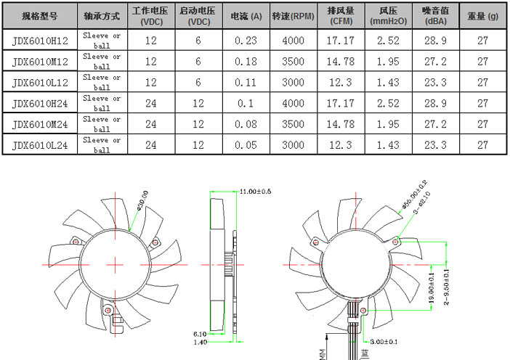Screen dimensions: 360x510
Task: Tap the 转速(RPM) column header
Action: click(x=293, y=15)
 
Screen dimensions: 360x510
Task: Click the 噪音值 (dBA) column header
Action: click(x=434, y=15)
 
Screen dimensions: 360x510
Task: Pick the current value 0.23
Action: click(x=246, y=41)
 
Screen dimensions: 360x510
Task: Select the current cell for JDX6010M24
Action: click(x=246, y=125)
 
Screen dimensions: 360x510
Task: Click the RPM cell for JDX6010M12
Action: click(x=293, y=62)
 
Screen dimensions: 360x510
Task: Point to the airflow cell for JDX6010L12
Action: click(x=341, y=83)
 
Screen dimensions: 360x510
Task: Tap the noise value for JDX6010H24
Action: click(x=434, y=104)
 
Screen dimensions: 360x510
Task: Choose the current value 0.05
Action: click(x=246, y=146)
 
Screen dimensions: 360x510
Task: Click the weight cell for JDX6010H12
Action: click(x=482, y=41)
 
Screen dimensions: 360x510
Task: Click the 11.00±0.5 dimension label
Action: click(x=255, y=192)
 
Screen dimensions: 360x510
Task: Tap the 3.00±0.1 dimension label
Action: click(x=384, y=340)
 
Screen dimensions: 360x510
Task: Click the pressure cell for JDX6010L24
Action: click(x=388, y=146)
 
